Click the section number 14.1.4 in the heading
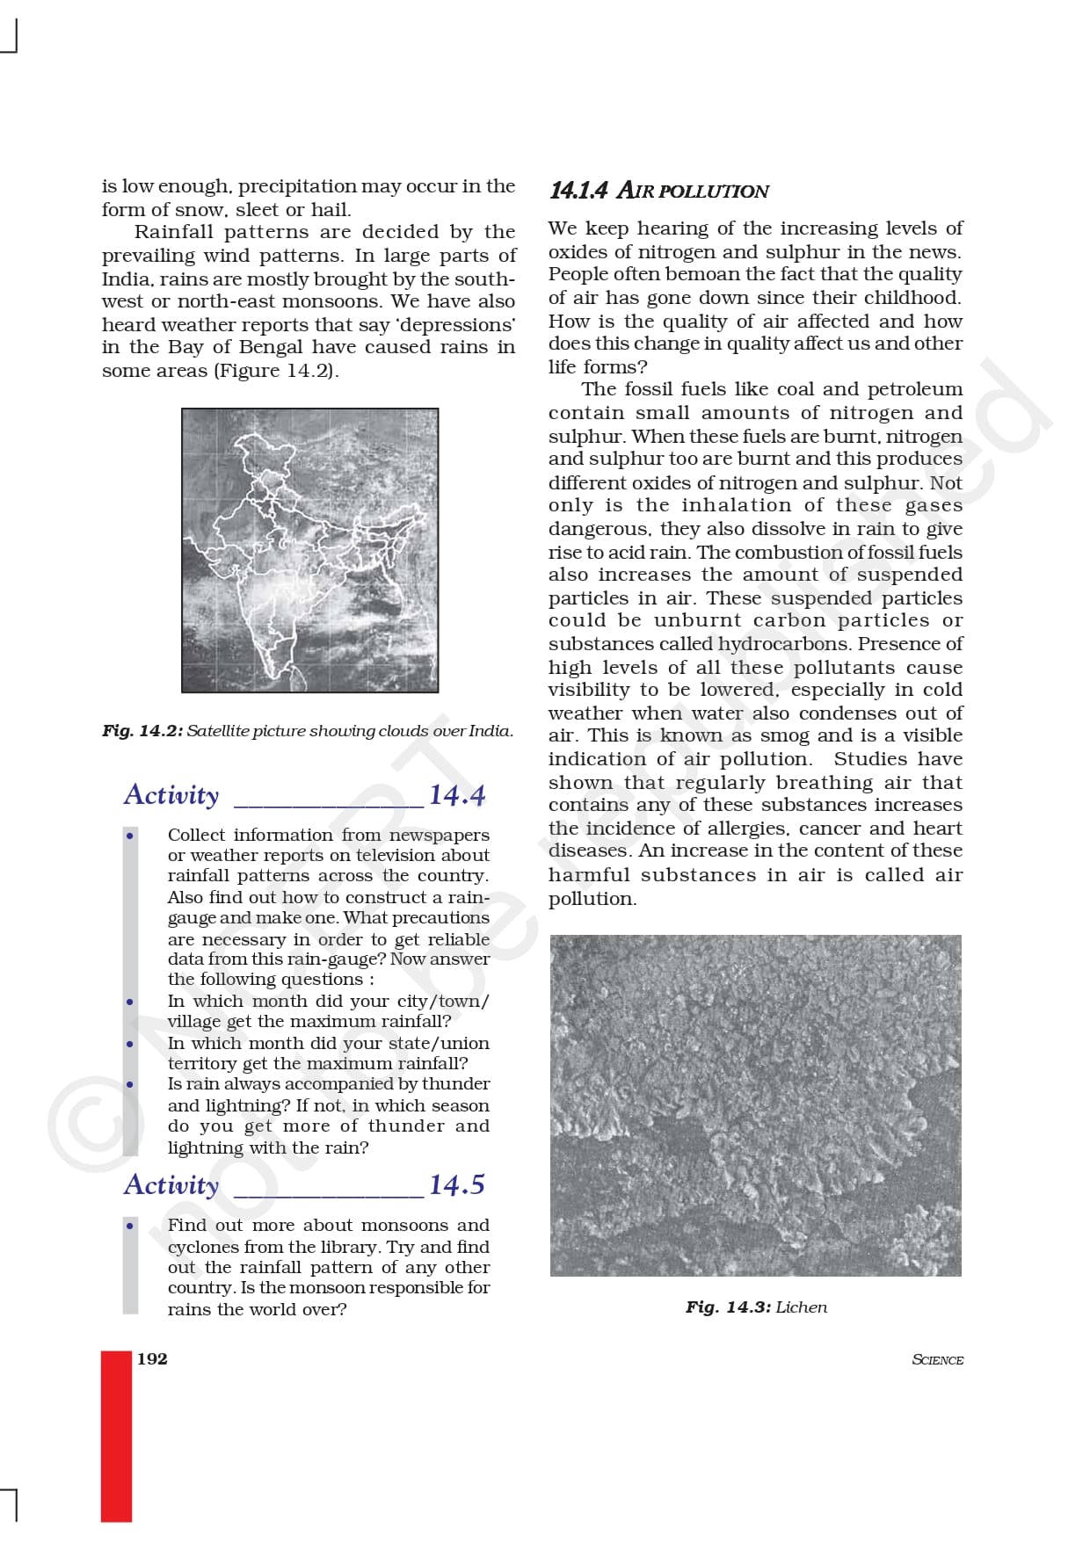(x=578, y=191)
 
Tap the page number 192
(x=152, y=1358)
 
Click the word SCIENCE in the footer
(x=937, y=1359)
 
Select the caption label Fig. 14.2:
(x=142, y=731)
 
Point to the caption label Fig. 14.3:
(x=728, y=1307)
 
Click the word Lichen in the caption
(x=801, y=1307)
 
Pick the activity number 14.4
(x=456, y=795)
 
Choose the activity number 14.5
(x=456, y=1185)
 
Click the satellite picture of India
(x=309, y=550)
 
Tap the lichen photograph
(x=755, y=1105)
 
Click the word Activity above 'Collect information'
(x=171, y=795)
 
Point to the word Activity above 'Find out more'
(x=171, y=1185)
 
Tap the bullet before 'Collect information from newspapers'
(x=130, y=836)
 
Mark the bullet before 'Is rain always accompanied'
(x=130, y=1084)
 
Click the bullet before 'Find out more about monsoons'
(x=130, y=1226)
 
